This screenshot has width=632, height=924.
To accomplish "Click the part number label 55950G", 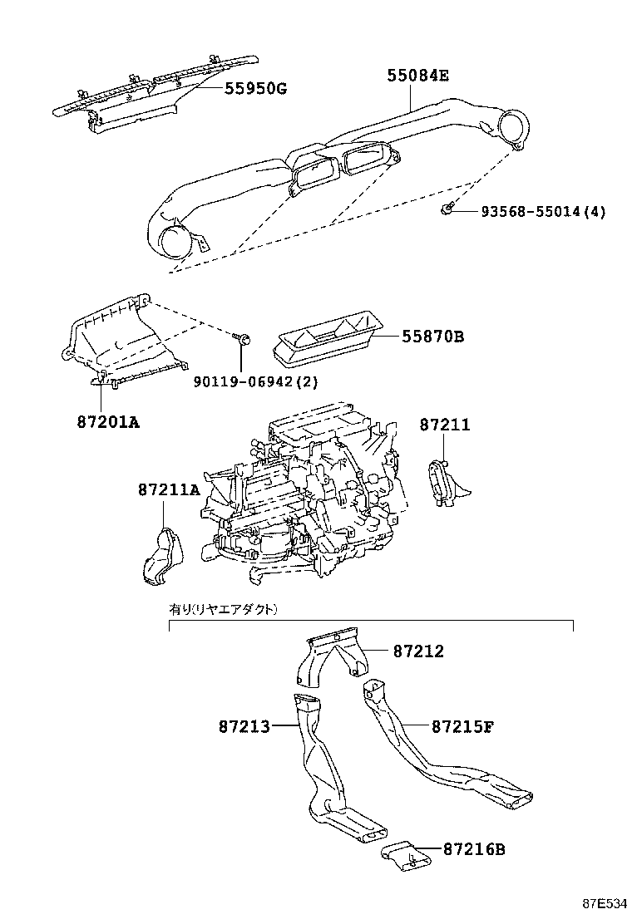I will point(255,88).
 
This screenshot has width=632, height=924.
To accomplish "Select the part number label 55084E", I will point(417,76).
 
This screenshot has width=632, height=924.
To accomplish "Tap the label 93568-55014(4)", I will point(543,212).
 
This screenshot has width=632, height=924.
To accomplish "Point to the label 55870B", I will point(432,337).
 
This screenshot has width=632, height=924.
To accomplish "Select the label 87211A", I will point(169,489).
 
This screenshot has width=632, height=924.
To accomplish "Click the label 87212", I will point(418,651).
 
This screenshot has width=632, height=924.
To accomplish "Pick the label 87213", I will point(244,726).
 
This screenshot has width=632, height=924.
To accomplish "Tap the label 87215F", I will point(463,726).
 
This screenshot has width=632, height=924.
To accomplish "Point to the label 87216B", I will point(474,849).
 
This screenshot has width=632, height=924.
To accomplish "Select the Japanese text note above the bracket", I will point(224,609).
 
